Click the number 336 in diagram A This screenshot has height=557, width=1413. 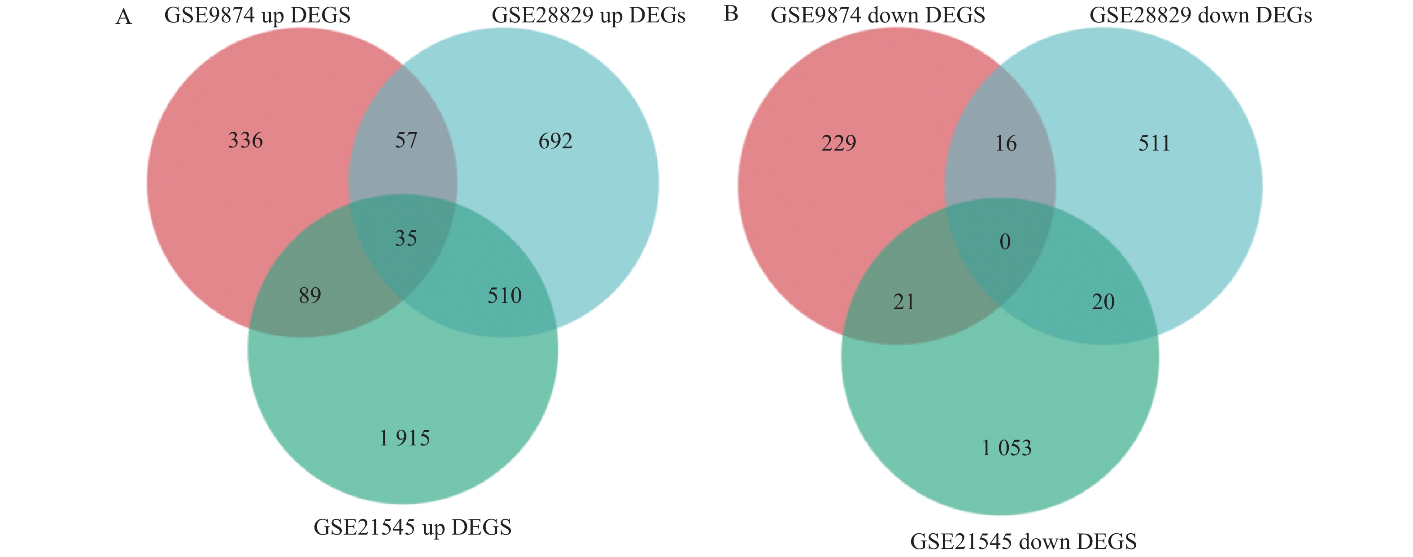pyautogui.click(x=245, y=141)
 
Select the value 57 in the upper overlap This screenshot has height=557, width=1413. pyautogui.click(x=406, y=140)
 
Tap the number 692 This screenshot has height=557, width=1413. pyautogui.click(x=555, y=142)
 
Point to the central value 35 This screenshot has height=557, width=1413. pyautogui.click(x=406, y=238)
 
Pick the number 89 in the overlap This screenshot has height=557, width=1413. pyautogui.click(x=310, y=295)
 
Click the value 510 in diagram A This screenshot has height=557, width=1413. pyautogui.click(x=504, y=295)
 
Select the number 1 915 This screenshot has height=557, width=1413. pyautogui.click(x=405, y=438)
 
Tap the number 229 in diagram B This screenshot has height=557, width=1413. pyautogui.click(x=838, y=143)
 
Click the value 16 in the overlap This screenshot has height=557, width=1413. pyautogui.click(x=1005, y=143)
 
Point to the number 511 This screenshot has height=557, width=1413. pyautogui.click(x=1154, y=143)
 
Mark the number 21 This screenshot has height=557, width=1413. pyautogui.click(x=904, y=302)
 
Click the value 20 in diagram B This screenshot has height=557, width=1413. pyautogui.click(x=1103, y=302)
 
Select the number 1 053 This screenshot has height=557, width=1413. pyautogui.click(x=1007, y=449)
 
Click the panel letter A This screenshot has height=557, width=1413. pyautogui.click(x=124, y=17)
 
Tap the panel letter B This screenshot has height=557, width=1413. pyautogui.click(x=731, y=14)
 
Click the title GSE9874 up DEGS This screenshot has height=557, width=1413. pyautogui.click(x=257, y=15)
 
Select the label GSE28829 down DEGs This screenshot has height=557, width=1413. pyautogui.click(x=1200, y=15)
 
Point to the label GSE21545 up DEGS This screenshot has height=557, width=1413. pyautogui.click(x=412, y=527)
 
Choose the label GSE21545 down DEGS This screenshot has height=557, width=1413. pyautogui.click(x=1023, y=542)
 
